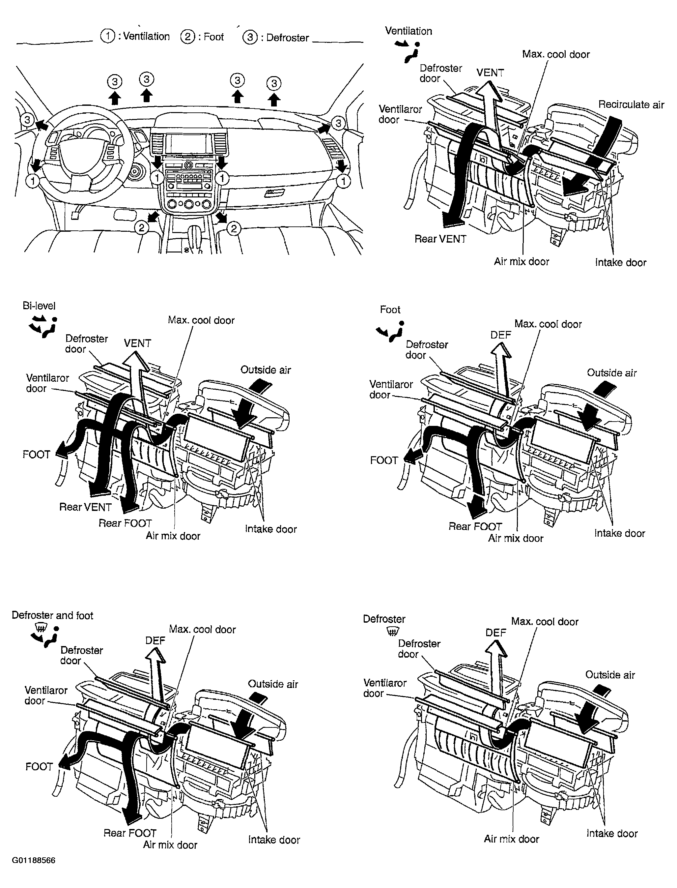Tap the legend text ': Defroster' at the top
coord(285,38)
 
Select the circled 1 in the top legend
coord(107,36)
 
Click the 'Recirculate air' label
coord(631,104)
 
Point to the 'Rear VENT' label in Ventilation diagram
coord(440,239)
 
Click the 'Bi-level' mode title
coord(39,306)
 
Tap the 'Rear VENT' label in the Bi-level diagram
coord(85,507)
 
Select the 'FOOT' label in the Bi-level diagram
coord(36,455)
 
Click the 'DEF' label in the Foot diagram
coord(500,335)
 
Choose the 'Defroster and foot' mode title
coord(52,615)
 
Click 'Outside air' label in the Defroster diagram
coord(610,675)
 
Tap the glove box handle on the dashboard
coord(274,193)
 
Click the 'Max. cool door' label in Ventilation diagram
coord(556,54)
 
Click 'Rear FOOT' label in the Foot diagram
coord(475,526)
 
